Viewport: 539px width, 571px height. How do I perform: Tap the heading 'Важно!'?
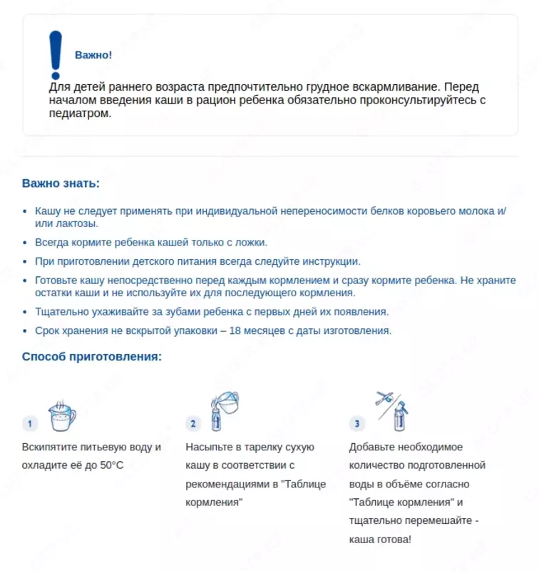pos(93,55)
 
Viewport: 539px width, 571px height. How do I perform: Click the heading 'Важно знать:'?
pos(61,183)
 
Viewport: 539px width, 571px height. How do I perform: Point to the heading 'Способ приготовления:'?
pos(92,355)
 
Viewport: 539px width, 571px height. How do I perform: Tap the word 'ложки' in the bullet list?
pos(250,242)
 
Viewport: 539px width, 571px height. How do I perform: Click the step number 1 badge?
pos(29,424)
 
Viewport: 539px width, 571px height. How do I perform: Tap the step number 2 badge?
pos(193,424)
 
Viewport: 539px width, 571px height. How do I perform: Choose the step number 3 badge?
pos(357,424)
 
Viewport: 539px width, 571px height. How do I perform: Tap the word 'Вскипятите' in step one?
pos(48,447)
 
